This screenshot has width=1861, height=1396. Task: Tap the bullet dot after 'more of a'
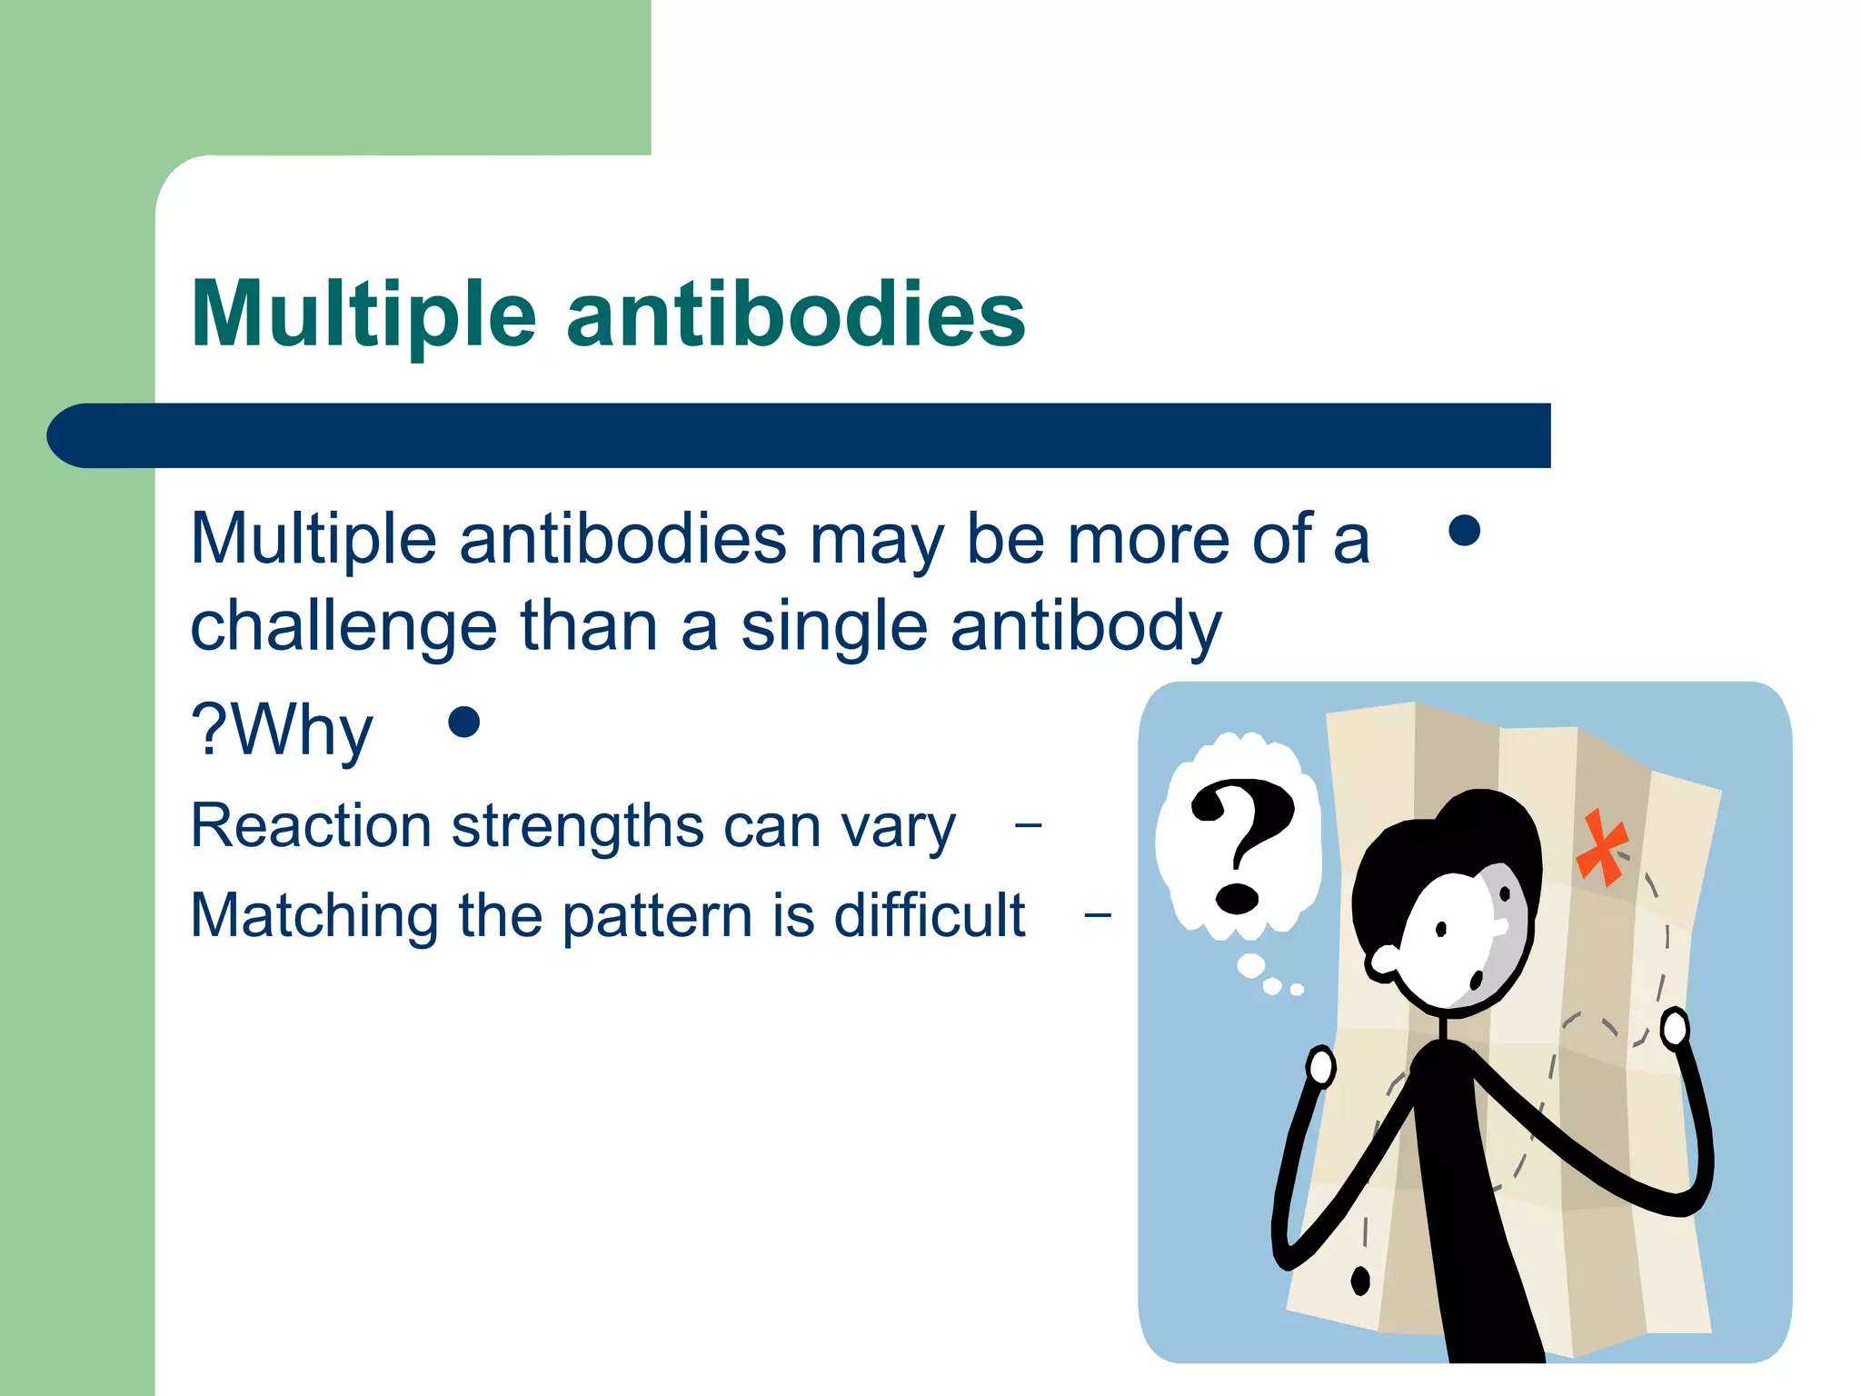pos(1464,531)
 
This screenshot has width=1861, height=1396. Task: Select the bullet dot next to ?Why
pos(464,723)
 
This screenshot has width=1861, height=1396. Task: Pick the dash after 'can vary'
pos(1028,825)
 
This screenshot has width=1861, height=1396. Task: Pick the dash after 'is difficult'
pos(1098,914)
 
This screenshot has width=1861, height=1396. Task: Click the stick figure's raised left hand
pos(1320,1066)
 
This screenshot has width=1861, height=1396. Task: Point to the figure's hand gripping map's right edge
pos(1674,1029)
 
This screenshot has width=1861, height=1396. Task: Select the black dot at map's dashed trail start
pos(1360,1281)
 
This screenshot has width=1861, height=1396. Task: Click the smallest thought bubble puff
pos(1297,990)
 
